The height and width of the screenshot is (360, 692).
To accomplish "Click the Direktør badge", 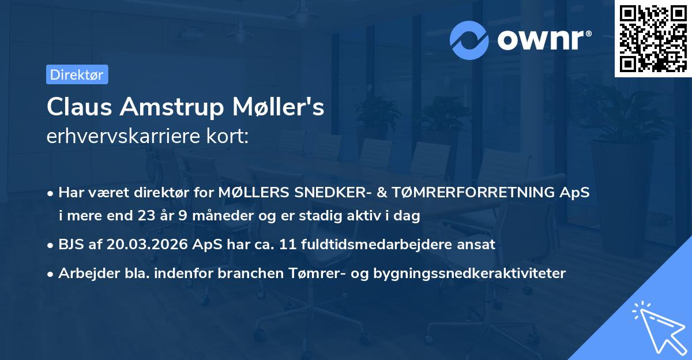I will pyautogui.click(x=77, y=74).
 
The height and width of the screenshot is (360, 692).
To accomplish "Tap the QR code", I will pyautogui.click(x=653, y=39).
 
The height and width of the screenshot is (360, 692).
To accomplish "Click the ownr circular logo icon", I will pyautogui.click(x=469, y=40).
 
